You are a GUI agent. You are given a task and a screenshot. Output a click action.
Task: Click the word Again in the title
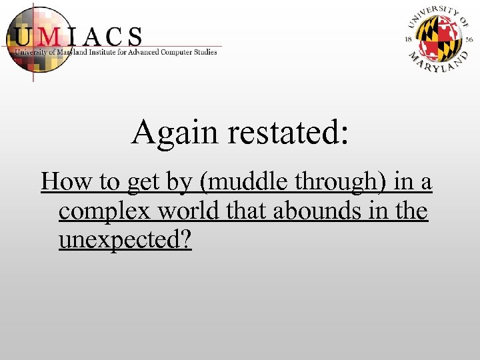click(176, 131)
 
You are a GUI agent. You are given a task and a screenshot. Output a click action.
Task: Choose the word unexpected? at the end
click(125, 240)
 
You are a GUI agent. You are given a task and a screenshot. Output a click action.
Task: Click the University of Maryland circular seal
click(439, 38)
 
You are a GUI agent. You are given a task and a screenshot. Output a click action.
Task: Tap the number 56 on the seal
click(469, 39)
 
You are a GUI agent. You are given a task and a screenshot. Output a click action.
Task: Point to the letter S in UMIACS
click(133, 36)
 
